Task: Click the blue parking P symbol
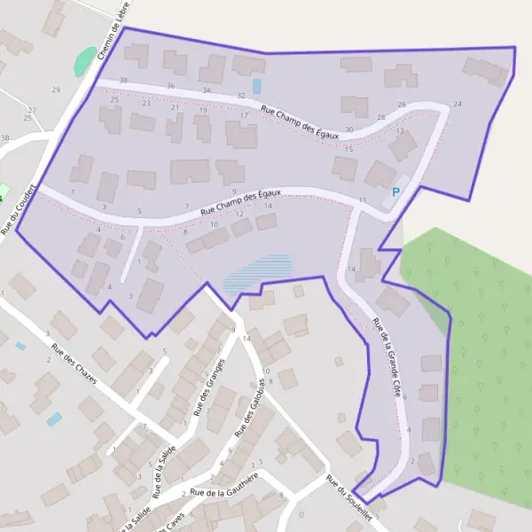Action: tap(395, 192)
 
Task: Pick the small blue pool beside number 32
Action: tap(257, 86)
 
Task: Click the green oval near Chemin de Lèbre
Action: tap(84, 61)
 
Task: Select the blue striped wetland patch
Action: tap(256, 272)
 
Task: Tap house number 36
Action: tap(170, 86)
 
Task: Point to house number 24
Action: tap(458, 105)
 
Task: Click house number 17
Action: tap(244, 116)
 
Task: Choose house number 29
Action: tap(56, 90)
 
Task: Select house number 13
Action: tap(400, 131)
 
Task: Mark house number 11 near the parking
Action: tap(363, 201)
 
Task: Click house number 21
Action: tap(175, 108)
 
